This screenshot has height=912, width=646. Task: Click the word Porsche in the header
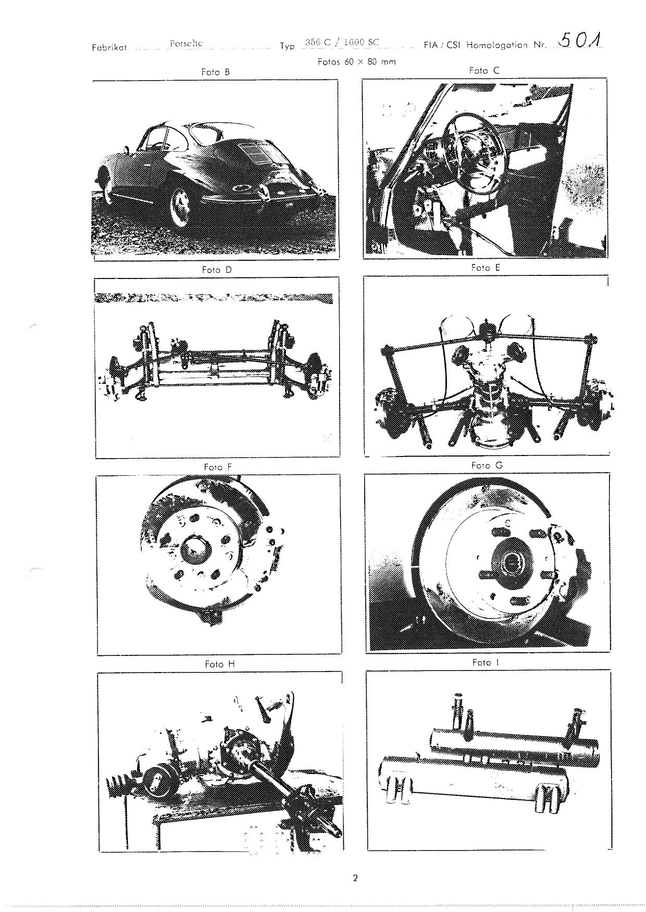tap(186, 44)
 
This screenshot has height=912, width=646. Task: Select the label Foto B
tap(215, 72)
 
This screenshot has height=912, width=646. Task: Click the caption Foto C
tap(484, 70)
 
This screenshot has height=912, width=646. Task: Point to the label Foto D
tap(217, 270)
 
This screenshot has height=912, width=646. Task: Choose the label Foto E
tap(485, 268)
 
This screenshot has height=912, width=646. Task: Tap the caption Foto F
tap(218, 467)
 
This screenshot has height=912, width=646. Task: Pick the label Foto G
tap(487, 465)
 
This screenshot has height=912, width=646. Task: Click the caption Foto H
tap(220, 664)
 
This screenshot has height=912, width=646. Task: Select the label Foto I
tap(486, 662)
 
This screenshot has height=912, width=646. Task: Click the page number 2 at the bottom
tap(355, 878)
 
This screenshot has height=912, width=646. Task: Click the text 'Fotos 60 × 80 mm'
tap(357, 61)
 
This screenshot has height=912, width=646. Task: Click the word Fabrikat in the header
tap(109, 47)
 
